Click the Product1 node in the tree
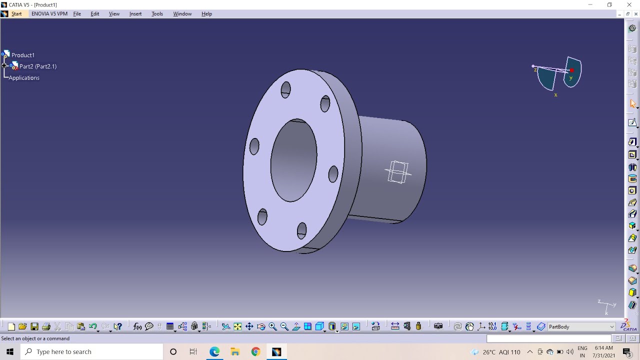(22, 55)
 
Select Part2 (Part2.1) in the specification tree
(37, 66)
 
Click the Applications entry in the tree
(24, 78)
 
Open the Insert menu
(135, 14)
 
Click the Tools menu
(157, 14)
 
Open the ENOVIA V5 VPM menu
(49, 14)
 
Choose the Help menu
(206, 14)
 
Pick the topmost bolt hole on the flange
(285, 90)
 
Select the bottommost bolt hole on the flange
(301, 230)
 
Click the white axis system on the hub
(398, 172)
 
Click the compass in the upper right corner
(559, 75)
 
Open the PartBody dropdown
(611, 327)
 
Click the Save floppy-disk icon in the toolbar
(34, 327)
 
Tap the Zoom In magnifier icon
(272, 327)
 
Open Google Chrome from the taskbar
(255, 352)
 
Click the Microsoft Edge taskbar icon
(214, 352)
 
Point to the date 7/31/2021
(603, 355)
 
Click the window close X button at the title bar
(629, 5)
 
